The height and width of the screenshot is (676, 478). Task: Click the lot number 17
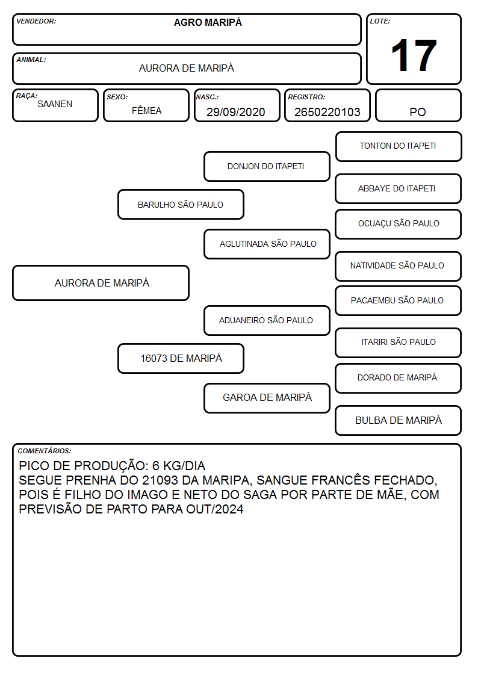[414, 55]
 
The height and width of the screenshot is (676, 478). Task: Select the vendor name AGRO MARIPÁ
[208, 22]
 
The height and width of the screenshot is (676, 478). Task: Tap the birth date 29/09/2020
[236, 112]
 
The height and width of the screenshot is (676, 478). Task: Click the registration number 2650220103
[327, 112]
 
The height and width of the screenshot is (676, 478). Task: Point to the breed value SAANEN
[55, 104]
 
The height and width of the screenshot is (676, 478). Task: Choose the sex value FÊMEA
[146, 110]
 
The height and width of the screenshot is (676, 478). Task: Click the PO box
[418, 105]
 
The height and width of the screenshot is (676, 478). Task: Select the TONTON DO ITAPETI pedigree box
[399, 147]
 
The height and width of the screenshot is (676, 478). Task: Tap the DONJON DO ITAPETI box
[267, 166]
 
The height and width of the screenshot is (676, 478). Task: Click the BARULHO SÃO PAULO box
[181, 204]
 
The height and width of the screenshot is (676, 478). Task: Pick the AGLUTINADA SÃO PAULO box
[267, 244]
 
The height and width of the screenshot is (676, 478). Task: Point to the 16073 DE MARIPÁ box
[181, 358]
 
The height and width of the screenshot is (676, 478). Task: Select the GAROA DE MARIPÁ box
[267, 398]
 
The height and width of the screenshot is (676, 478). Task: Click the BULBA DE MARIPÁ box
[399, 420]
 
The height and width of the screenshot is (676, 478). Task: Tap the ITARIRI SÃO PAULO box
[399, 343]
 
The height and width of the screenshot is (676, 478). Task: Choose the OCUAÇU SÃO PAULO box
[399, 224]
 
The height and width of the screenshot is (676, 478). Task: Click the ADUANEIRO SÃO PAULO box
[267, 320]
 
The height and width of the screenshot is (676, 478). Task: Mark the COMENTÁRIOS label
[45, 451]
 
